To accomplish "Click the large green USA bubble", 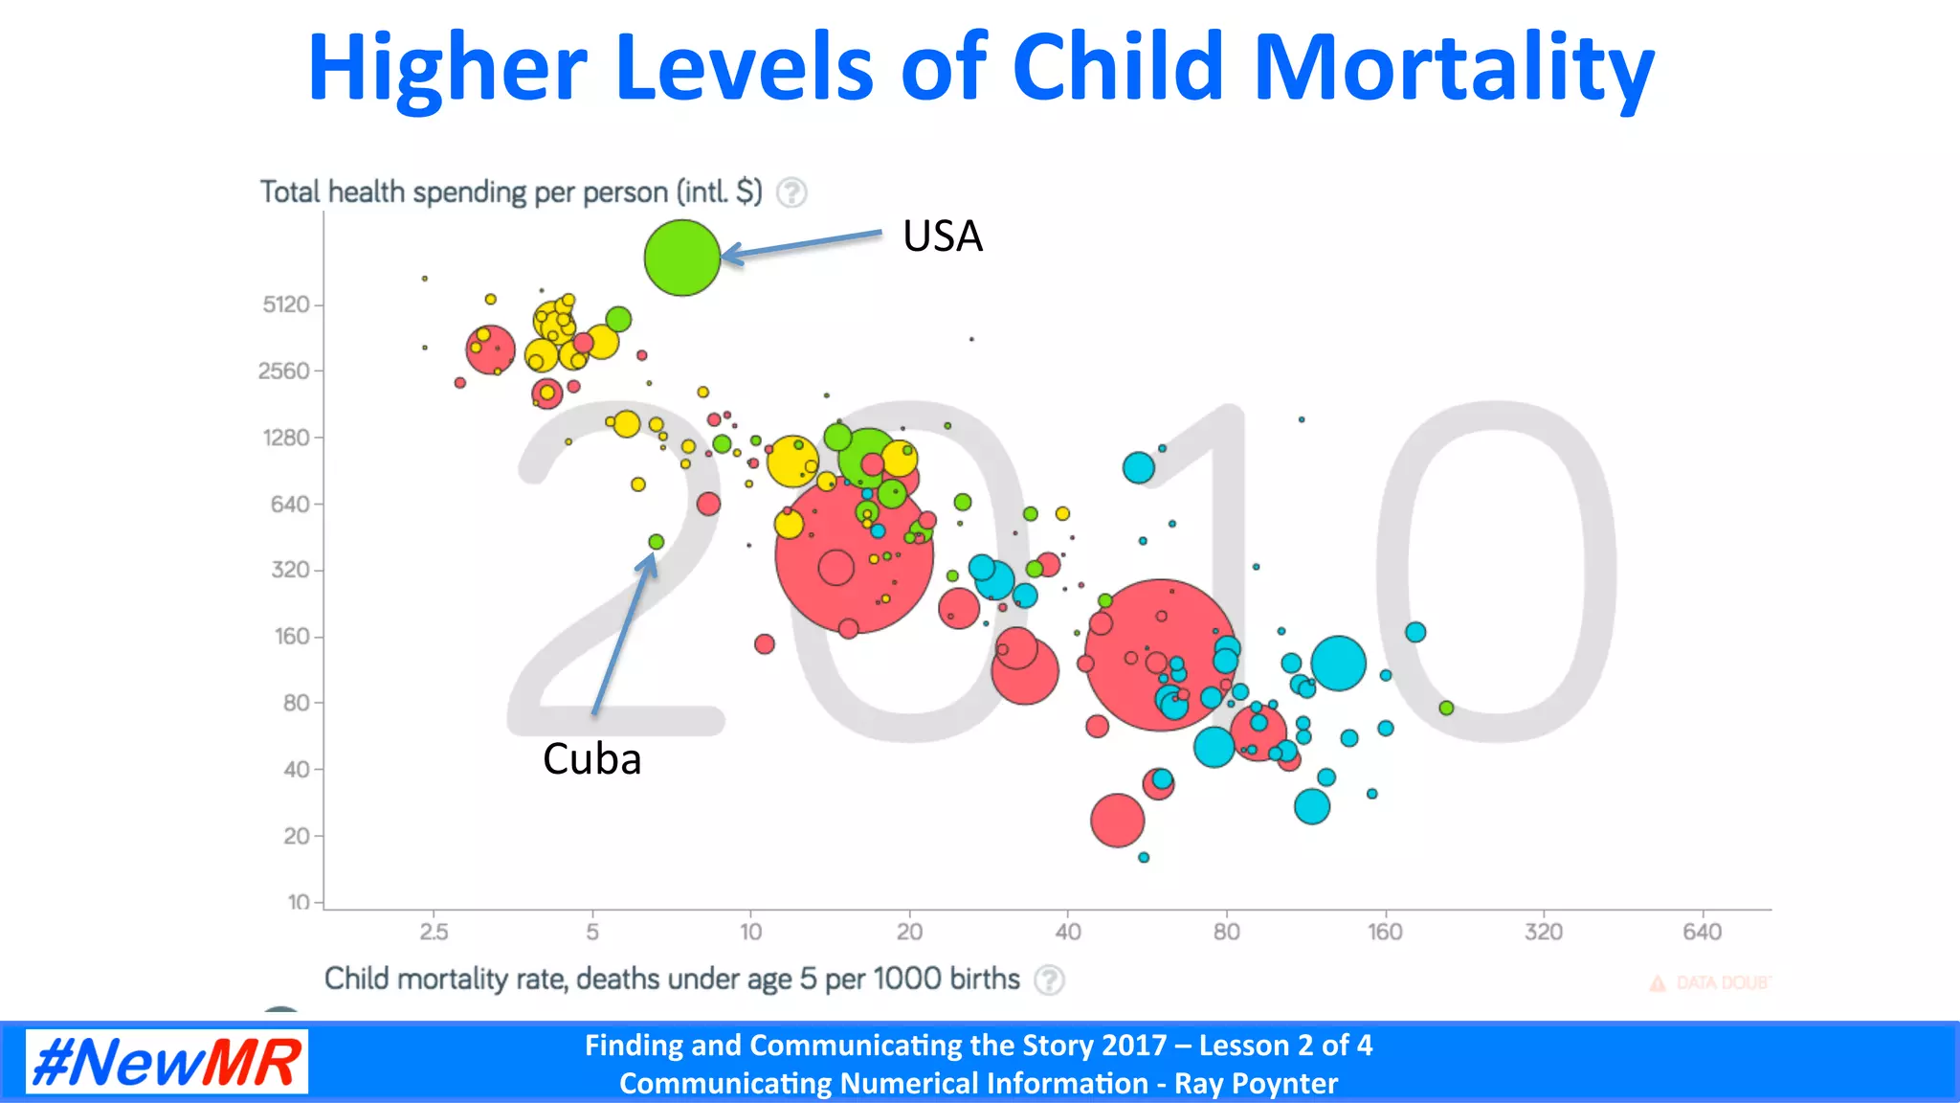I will (681, 258).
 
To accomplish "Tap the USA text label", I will (942, 236).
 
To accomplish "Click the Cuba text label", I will (591, 759).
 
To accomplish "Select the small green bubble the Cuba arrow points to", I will (656, 542).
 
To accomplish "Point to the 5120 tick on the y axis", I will (286, 304).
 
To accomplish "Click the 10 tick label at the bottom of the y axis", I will (299, 902).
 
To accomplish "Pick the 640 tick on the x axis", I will (1702, 932).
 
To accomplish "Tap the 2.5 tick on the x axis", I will (434, 932).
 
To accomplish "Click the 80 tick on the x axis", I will (1226, 932).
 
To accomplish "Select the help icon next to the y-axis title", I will (791, 192).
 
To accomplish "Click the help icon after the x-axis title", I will (1050, 979).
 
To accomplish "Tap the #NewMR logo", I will (167, 1061).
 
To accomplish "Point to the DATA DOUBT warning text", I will (1721, 983).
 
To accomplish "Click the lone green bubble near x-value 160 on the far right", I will (1446, 708).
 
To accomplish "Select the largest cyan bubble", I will (1338, 663).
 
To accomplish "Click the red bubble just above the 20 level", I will (1117, 821).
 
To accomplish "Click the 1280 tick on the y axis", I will (286, 438).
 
